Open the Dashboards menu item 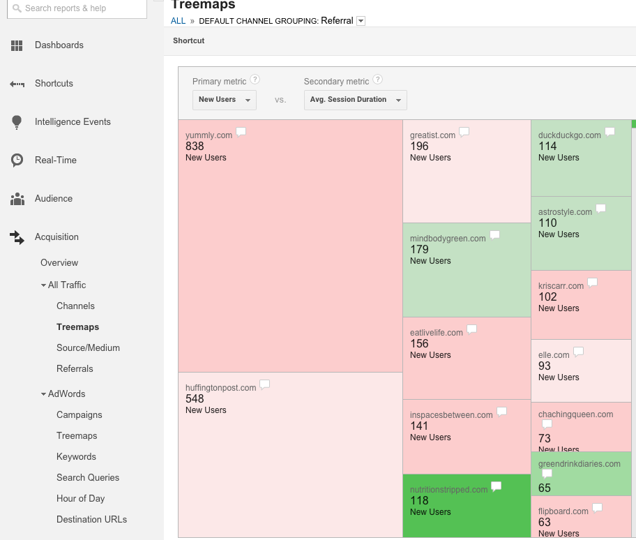[59, 45]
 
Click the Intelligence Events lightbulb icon [17, 122]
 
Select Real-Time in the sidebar [55, 160]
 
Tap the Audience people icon [17, 199]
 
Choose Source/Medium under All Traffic [88, 348]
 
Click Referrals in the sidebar [75, 369]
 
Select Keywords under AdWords [76, 457]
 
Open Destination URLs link [91, 520]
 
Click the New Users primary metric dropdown [224, 100]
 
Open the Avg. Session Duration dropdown [355, 100]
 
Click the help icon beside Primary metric [255, 80]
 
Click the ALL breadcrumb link [178, 21]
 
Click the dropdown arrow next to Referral [361, 21]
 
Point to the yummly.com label [209, 135]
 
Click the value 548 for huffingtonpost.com [195, 399]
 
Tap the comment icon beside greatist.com [464, 132]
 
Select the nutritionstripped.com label [448, 490]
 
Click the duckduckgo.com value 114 [547, 147]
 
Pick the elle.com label [554, 355]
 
